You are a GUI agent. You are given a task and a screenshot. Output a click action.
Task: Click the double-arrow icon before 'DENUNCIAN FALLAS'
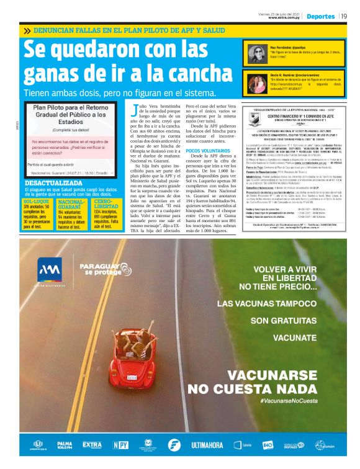tap(27, 30)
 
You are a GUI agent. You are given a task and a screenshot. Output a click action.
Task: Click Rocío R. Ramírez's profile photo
tap(255, 82)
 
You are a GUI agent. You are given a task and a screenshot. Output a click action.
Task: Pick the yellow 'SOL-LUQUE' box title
tap(36, 202)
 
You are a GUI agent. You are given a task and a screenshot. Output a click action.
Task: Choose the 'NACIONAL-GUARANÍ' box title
tap(71, 205)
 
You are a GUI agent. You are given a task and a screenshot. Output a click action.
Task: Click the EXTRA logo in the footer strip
tap(92, 445)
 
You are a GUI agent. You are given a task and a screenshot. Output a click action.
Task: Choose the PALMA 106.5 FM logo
tap(65, 445)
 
